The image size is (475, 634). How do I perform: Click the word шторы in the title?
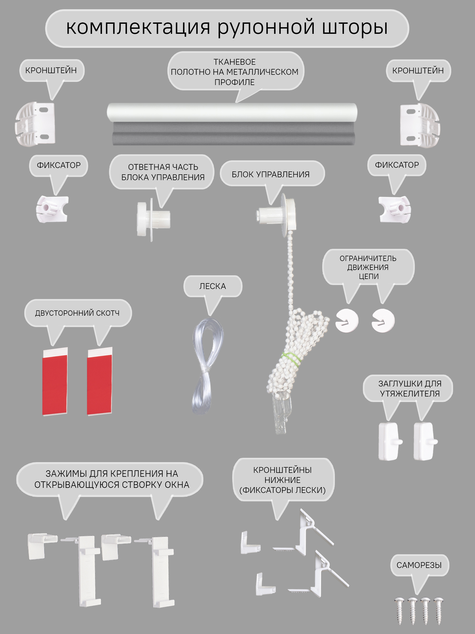(355, 28)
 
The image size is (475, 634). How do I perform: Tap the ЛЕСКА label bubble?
(213, 286)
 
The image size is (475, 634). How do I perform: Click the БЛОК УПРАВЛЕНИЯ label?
(270, 174)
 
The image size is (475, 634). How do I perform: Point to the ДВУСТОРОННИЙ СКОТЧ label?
(77, 313)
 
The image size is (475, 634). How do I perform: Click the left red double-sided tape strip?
(55, 381)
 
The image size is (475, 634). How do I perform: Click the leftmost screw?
(400, 610)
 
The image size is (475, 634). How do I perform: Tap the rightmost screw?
(438, 610)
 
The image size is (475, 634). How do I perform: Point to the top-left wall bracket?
(35, 124)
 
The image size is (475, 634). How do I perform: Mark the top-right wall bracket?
(420, 125)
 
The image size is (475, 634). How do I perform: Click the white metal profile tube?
(232, 112)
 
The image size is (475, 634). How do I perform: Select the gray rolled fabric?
(234, 134)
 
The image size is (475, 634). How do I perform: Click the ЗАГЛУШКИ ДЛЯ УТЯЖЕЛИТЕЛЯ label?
(410, 388)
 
